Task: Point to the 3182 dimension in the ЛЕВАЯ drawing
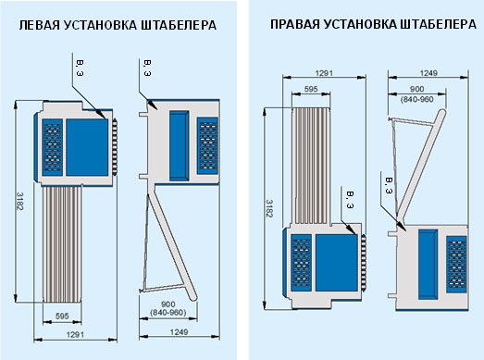[x=19, y=202]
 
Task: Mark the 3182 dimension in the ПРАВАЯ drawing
[x=269, y=208]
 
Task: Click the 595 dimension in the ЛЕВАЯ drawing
[x=62, y=317]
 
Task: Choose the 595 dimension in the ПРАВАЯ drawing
[x=311, y=89]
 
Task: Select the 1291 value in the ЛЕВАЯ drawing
[x=75, y=334]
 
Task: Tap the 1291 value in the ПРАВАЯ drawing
[x=324, y=73]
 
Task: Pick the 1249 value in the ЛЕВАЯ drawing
[x=179, y=332]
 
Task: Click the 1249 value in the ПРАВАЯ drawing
[x=428, y=73]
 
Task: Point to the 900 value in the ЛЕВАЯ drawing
[x=168, y=304]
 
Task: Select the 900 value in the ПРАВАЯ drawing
[x=417, y=89]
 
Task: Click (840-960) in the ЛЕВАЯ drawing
[x=168, y=313]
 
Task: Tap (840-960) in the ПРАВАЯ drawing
[x=417, y=99]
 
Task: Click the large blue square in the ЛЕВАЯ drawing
[x=87, y=147]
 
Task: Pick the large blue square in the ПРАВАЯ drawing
[x=337, y=263]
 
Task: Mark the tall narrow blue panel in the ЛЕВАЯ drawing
[x=179, y=145]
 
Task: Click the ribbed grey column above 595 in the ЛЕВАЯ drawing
[x=62, y=244]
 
